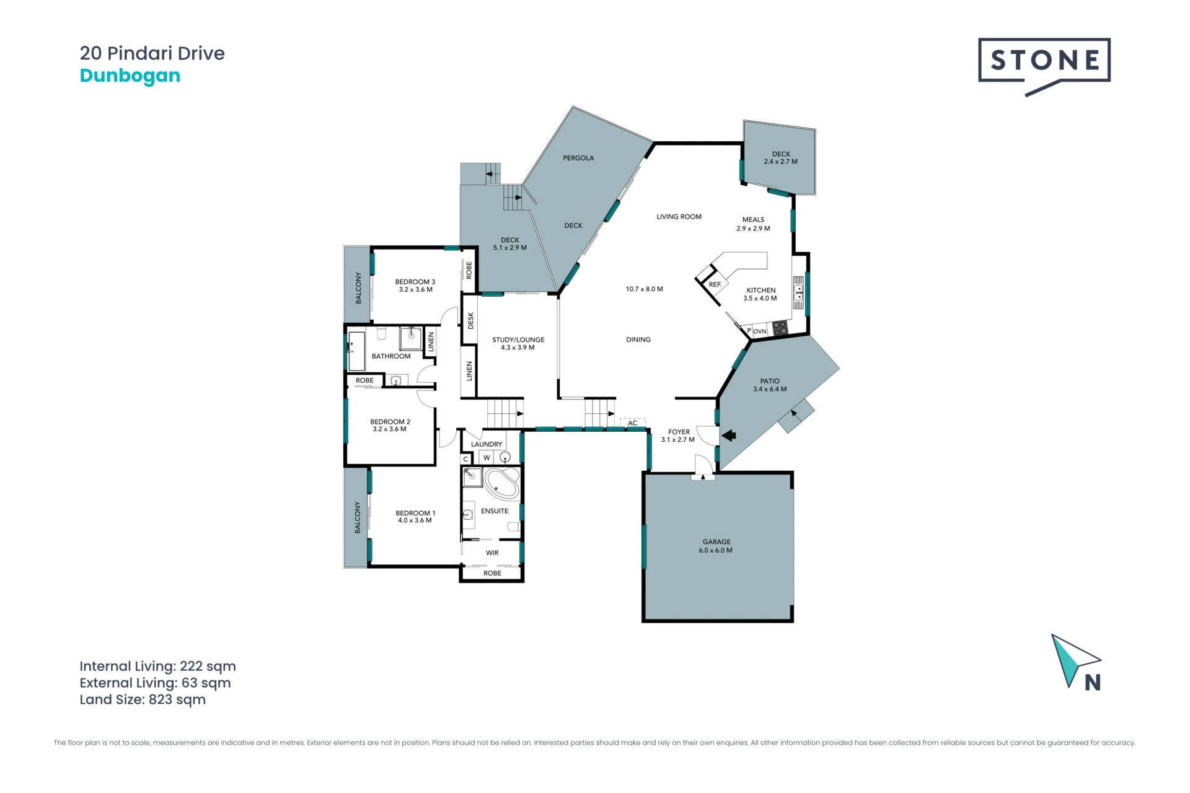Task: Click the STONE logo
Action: click(x=1044, y=64)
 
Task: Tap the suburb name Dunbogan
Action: click(x=130, y=76)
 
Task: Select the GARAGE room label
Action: click(x=716, y=541)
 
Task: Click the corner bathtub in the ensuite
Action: click(x=501, y=483)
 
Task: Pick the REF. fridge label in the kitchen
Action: click(x=715, y=285)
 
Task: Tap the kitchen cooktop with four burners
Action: click(x=780, y=328)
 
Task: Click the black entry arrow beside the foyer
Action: click(x=729, y=436)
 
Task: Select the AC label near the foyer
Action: click(x=632, y=423)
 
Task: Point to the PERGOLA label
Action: click(x=578, y=158)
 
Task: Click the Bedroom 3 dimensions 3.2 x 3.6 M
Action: click(x=416, y=289)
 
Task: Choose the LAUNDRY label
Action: click(x=487, y=444)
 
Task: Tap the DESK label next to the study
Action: click(x=470, y=320)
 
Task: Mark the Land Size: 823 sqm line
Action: click(x=143, y=699)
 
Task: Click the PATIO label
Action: click(x=770, y=381)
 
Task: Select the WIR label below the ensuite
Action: click(x=492, y=553)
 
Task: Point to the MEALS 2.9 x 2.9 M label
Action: click(x=753, y=224)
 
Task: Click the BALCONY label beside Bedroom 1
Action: click(x=358, y=517)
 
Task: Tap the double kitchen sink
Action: click(x=798, y=293)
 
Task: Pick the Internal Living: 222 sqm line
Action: click(x=157, y=667)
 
